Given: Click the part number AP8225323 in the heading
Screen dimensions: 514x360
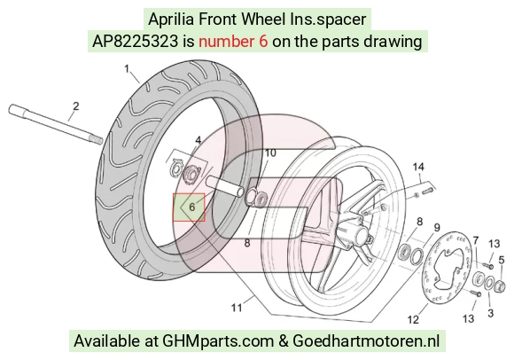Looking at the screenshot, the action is click(x=135, y=42).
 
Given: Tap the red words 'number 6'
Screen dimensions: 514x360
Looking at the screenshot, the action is click(x=233, y=42).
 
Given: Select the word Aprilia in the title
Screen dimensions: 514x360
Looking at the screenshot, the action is click(x=171, y=20).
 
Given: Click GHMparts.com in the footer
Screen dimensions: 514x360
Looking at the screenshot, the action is click(x=218, y=341).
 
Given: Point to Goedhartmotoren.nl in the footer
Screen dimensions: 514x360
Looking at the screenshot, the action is click(x=366, y=341).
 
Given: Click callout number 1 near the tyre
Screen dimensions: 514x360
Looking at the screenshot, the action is click(x=127, y=69).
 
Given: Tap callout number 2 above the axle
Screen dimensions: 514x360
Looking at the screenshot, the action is click(x=76, y=106).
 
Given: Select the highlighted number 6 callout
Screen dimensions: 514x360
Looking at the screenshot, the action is click(x=192, y=207).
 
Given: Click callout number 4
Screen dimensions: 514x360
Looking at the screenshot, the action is click(x=199, y=141).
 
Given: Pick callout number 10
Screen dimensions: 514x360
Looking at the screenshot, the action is click(x=270, y=153).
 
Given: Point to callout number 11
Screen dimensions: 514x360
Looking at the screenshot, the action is click(x=237, y=308).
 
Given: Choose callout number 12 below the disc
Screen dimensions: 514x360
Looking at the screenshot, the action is click(x=413, y=319).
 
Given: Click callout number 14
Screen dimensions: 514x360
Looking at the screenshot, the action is click(x=418, y=168).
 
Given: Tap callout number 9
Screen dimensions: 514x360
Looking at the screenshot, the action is click(x=437, y=228).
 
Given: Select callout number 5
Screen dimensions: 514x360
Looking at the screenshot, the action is click(x=502, y=260).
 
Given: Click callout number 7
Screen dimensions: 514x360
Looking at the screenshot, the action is click(x=476, y=240).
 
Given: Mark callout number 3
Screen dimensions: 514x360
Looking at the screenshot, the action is click(x=490, y=313).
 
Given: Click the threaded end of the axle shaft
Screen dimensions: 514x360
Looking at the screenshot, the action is click(x=97, y=140).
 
